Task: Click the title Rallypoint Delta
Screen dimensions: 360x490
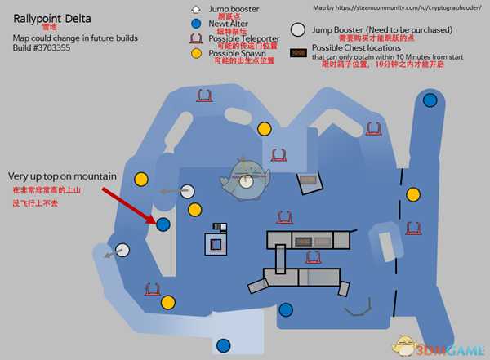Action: pyautogui.click(x=51, y=19)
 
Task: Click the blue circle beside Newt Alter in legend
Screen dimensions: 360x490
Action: pyautogui.click(x=194, y=24)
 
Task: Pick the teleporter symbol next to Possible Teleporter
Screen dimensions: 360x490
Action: pyautogui.click(x=194, y=38)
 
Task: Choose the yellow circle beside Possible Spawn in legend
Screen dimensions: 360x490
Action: pyautogui.click(x=194, y=53)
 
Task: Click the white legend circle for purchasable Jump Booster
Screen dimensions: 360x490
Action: pyautogui.click(x=297, y=33)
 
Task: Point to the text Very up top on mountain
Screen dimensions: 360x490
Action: pyautogui.click(x=63, y=176)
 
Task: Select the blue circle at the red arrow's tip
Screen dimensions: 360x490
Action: pyautogui.click(x=163, y=223)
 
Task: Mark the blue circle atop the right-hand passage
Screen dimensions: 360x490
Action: pyautogui.click(x=430, y=100)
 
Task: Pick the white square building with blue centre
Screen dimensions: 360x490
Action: pyautogui.click(x=216, y=242)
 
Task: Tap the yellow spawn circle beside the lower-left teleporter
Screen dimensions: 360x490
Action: pyautogui.click(x=167, y=303)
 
